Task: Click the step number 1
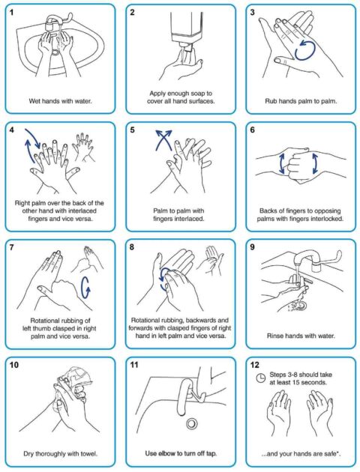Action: [x=13, y=13]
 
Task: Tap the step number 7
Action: [x=13, y=248]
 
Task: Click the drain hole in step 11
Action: [x=191, y=424]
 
